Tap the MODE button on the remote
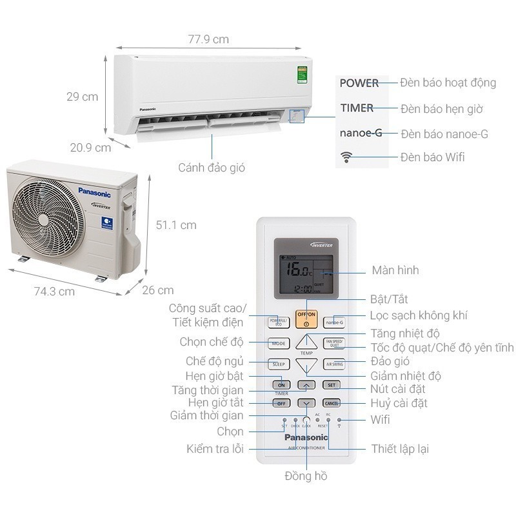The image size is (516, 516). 279,344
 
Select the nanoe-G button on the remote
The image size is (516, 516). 334,322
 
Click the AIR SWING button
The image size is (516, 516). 334,364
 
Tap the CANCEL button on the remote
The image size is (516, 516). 332,403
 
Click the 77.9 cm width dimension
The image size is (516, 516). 209,39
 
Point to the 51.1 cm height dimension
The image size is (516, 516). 176,225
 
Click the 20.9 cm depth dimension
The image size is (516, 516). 90,148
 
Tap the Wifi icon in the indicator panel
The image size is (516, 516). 347,157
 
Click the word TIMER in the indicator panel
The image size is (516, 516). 357,108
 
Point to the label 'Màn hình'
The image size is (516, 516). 395,270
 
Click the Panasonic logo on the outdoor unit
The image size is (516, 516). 94,192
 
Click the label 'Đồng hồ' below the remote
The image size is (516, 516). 306,476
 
